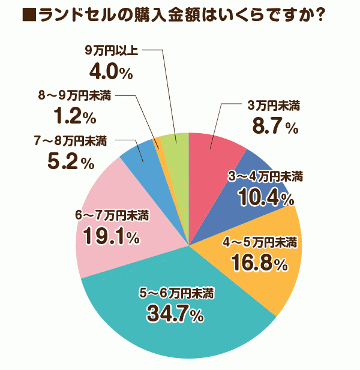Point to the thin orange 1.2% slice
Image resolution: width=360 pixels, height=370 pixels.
(x=158, y=144)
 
